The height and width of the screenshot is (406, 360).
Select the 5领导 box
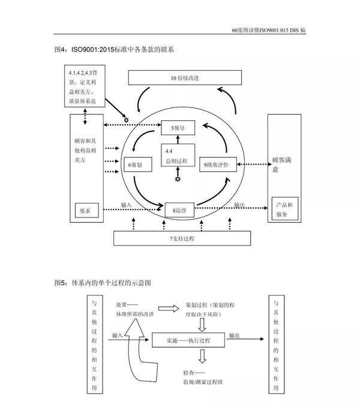[x=179, y=127]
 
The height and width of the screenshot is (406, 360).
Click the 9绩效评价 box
[x=218, y=163]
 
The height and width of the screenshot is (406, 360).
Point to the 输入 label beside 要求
[x=127, y=205]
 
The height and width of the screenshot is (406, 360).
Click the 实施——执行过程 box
[x=188, y=339]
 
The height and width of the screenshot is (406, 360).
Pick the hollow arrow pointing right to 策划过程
[x=172, y=308]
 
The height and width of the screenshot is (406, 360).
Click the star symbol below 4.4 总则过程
[x=177, y=180]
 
